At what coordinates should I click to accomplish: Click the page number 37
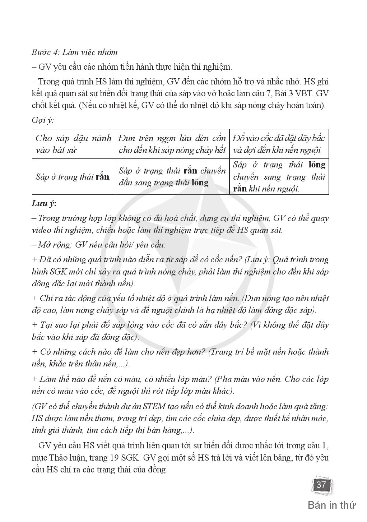[321, 485]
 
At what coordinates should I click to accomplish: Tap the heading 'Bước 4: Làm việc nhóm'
[74, 52]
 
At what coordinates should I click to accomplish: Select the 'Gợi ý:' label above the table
[42, 120]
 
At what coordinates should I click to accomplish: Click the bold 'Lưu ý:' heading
[44, 204]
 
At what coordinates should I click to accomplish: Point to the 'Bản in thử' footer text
[331, 505]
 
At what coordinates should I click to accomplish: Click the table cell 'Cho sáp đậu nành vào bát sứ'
[73, 144]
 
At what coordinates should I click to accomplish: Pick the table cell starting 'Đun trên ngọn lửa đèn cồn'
[172, 144]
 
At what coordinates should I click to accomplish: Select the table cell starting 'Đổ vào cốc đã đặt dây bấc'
[279, 144]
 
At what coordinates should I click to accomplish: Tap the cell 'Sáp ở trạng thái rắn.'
[73, 177]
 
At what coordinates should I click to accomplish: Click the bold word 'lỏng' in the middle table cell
[200, 183]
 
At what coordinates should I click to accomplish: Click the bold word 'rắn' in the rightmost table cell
[240, 189]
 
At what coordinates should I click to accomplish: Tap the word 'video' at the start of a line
[41, 230]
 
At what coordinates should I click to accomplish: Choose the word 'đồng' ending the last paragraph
[158, 470]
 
